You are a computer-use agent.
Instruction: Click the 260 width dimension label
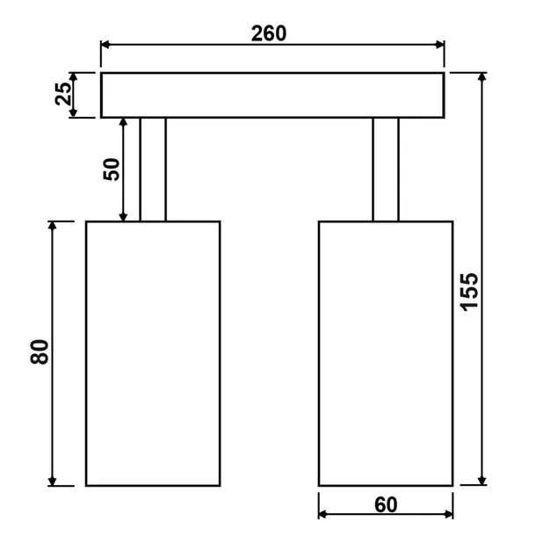tap(269, 33)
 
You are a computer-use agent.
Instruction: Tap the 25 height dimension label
tap(63, 94)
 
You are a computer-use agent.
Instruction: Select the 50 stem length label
tap(112, 170)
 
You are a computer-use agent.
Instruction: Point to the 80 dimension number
tap(40, 351)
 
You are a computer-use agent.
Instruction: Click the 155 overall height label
tap(469, 293)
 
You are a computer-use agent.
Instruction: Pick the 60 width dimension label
tap(386, 505)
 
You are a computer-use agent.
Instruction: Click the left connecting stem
tap(153, 170)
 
